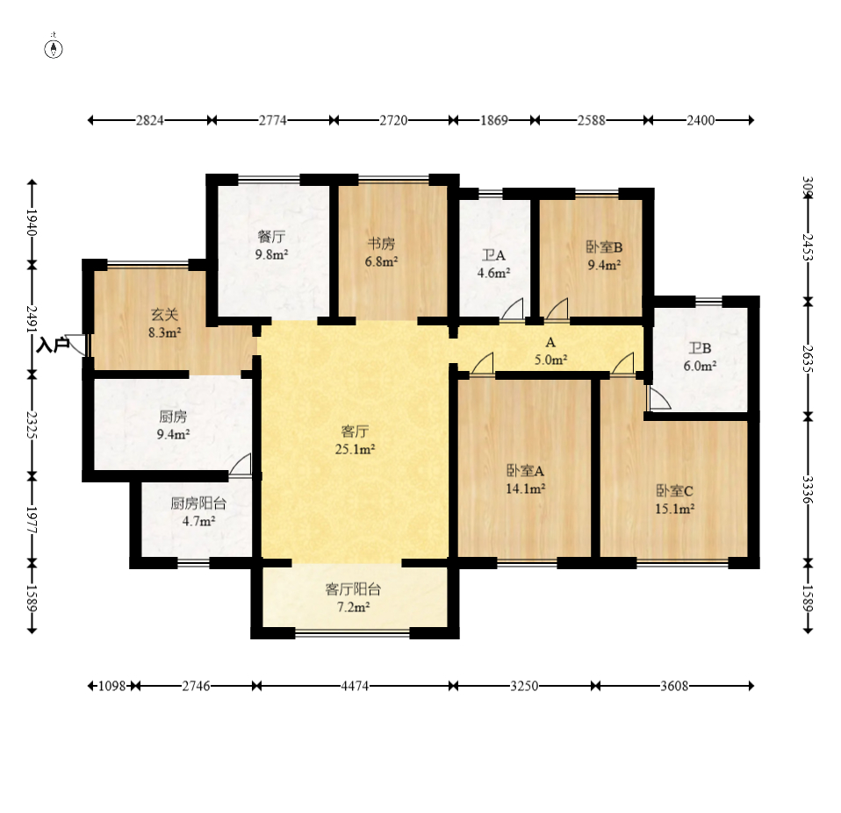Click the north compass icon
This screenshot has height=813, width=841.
53,49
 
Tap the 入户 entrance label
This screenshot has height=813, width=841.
53,346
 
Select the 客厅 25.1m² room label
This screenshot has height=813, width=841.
355,440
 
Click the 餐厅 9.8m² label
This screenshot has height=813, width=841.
271,245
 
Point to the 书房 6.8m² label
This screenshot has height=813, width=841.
381,253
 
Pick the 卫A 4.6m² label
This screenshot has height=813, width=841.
493,264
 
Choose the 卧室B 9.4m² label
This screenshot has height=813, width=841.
604,255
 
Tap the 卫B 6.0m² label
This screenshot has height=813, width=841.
700,357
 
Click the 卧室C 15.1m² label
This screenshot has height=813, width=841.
675,500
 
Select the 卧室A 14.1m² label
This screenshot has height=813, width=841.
526,480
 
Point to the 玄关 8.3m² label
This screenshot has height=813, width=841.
164,323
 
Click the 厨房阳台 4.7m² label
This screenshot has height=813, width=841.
198,512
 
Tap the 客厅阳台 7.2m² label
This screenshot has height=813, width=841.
353,598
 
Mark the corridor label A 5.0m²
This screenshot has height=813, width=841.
550,351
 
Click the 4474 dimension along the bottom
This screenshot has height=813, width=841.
355,686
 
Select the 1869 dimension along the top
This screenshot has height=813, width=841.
494,120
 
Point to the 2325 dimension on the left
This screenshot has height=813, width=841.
32,425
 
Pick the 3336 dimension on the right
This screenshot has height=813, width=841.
808,490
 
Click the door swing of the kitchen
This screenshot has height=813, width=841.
240,464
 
